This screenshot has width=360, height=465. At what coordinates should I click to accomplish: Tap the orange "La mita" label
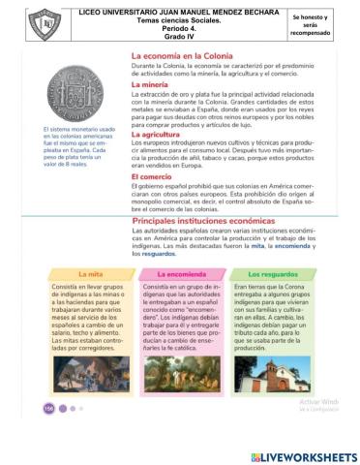(91, 274)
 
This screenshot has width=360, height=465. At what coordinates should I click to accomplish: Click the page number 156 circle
(48, 408)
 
